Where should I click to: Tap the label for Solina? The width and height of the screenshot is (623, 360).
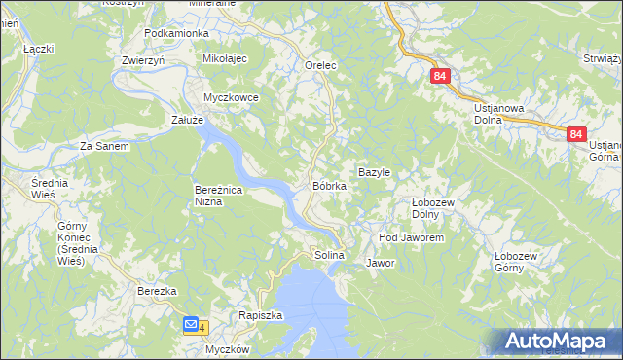click(x=330, y=255)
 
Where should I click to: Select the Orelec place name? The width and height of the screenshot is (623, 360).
click(x=320, y=65)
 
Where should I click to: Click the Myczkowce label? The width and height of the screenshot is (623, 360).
click(x=230, y=98)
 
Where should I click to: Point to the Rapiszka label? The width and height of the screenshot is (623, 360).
click(x=260, y=315)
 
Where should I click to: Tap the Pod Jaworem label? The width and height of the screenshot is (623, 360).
click(x=411, y=237)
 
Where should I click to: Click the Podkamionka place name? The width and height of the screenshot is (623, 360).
click(x=176, y=33)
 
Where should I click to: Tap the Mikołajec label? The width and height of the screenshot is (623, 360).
click(x=225, y=59)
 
